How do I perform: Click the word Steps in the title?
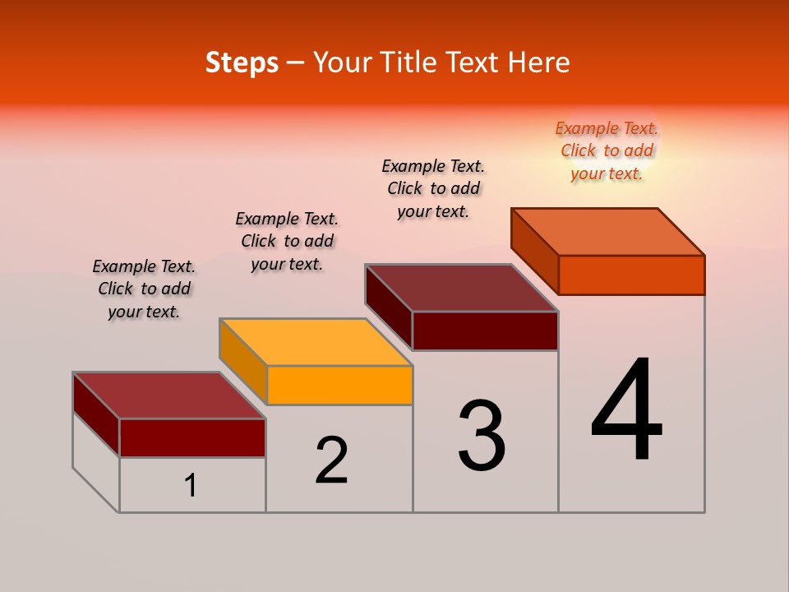(x=242, y=62)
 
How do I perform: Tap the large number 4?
(x=627, y=410)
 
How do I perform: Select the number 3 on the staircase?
(x=482, y=436)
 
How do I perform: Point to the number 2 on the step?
(x=331, y=460)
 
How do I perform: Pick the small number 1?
(x=191, y=485)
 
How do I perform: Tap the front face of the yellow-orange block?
(x=339, y=385)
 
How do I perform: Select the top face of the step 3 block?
(x=462, y=288)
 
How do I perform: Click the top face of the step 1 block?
(x=169, y=395)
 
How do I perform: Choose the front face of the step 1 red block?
(x=192, y=437)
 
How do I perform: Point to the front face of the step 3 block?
(x=485, y=331)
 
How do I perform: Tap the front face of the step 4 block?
(x=631, y=275)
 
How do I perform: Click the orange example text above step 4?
(x=607, y=150)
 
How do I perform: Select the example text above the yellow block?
(x=287, y=241)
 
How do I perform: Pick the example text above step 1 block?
(x=144, y=289)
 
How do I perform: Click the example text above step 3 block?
(x=433, y=188)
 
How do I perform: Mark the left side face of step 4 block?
(x=535, y=251)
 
